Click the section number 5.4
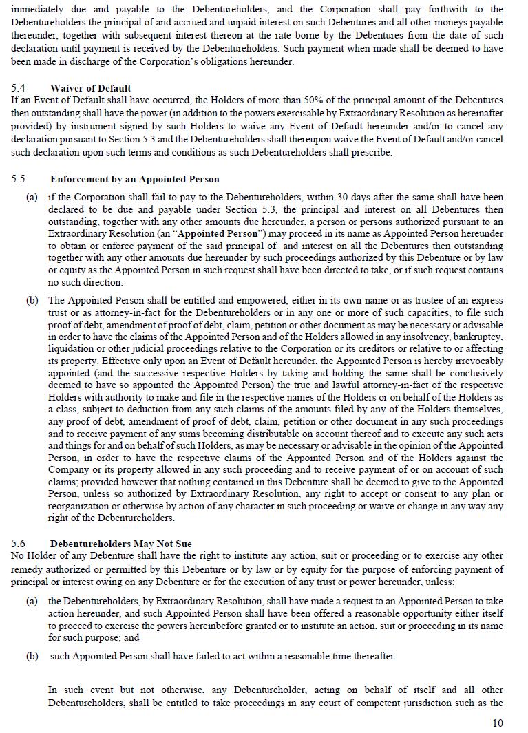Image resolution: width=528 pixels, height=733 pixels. (19, 88)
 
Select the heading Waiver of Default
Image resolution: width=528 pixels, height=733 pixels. (90, 88)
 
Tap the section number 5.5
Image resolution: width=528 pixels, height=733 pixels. (19, 179)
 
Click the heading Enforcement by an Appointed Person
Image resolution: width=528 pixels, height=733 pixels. (134, 179)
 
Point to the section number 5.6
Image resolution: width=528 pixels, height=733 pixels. (19, 544)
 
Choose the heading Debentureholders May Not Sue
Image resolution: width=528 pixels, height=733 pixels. (120, 544)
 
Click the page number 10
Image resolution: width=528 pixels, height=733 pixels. (497, 723)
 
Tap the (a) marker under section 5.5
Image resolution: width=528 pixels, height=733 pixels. (32, 197)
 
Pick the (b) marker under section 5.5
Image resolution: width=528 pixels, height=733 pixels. (32, 300)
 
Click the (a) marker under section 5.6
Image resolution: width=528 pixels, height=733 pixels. (32, 601)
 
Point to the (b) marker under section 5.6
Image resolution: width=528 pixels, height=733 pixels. (32, 656)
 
